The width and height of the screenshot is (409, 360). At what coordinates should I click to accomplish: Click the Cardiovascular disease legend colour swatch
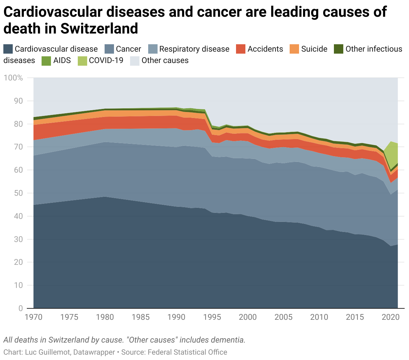tap(8, 49)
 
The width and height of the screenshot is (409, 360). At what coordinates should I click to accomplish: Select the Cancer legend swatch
tap(109, 49)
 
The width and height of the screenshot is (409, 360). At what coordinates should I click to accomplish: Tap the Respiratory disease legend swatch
tap(153, 49)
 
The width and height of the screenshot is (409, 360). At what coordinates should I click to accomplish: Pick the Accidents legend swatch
tap(241, 49)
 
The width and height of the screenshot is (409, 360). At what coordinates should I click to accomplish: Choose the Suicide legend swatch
tap(295, 49)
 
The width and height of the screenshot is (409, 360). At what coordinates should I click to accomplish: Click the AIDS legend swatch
tap(46, 61)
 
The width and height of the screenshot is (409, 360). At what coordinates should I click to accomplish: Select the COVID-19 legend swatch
tap(82, 61)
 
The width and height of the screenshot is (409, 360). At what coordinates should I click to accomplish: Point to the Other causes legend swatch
tap(135, 61)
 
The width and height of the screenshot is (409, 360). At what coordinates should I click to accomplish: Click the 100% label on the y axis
tap(13, 78)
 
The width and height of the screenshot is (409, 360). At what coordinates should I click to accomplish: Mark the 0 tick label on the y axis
tap(21, 308)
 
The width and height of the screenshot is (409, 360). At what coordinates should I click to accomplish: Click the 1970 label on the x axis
tap(34, 317)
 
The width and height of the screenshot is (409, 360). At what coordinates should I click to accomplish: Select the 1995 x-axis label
tap(212, 317)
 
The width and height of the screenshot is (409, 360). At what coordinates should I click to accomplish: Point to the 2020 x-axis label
tap(391, 317)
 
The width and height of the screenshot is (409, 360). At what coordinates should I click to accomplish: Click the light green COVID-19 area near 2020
tap(393, 154)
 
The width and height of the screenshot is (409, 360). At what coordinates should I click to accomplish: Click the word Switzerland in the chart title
tap(99, 29)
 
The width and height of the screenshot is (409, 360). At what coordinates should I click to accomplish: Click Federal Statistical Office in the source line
tap(187, 352)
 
